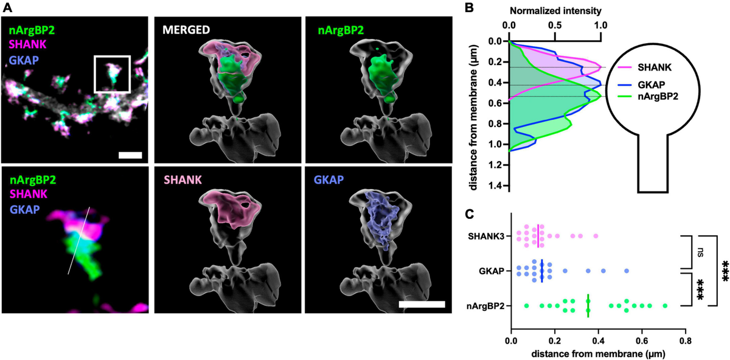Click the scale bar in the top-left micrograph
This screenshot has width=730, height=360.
(x=130, y=155)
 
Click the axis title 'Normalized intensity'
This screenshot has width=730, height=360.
(x=554, y=11)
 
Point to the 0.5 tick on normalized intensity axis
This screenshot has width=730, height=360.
(x=555, y=26)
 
